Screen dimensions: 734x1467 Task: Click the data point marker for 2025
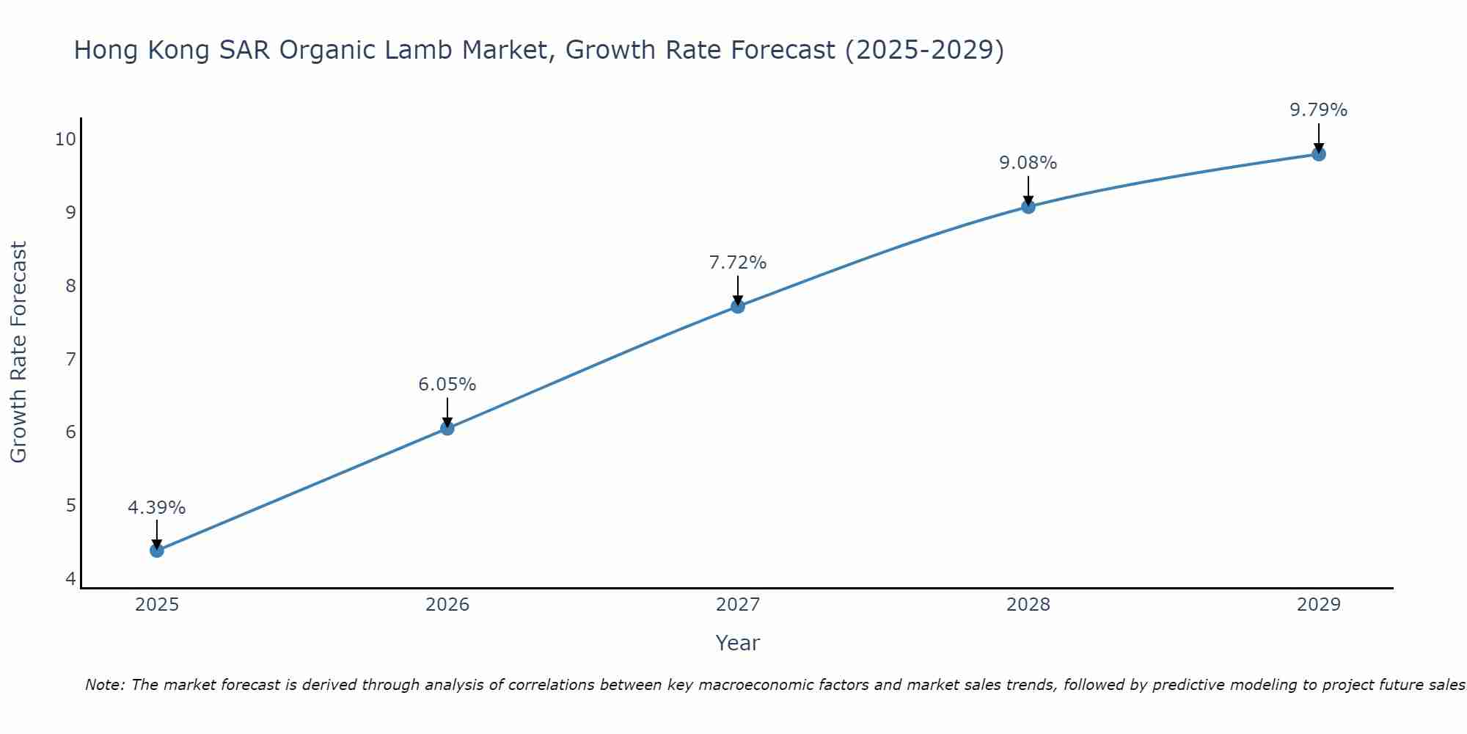(x=157, y=550)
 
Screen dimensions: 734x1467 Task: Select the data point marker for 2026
(x=447, y=428)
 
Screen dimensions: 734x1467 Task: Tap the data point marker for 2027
(x=738, y=306)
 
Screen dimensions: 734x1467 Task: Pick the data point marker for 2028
(x=1028, y=206)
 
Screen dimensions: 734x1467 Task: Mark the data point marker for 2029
(x=1319, y=154)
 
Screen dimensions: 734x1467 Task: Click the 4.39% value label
(x=157, y=508)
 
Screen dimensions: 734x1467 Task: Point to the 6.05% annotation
(x=447, y=385)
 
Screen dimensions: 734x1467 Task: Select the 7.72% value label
(x=738, y=263)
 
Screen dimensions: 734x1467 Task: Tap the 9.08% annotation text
(x=1028, y=163)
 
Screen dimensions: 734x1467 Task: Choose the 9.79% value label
(x=1319, y=110)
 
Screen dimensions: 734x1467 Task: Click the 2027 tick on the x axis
(x=738, y=605)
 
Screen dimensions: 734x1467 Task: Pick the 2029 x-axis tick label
(x=1319, y=605)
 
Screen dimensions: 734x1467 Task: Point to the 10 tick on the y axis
(x=65, y=139)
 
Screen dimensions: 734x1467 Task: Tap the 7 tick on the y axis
(x=70, y=359)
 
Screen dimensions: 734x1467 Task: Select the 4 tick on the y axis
(x=70, y=579)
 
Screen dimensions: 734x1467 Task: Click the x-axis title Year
(x=738, y=643)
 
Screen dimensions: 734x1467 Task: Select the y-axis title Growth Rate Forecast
(x=19, y=352)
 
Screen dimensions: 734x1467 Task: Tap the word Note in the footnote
(x=104, y=685)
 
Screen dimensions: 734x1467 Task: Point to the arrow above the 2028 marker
(x=1028, y=189)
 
